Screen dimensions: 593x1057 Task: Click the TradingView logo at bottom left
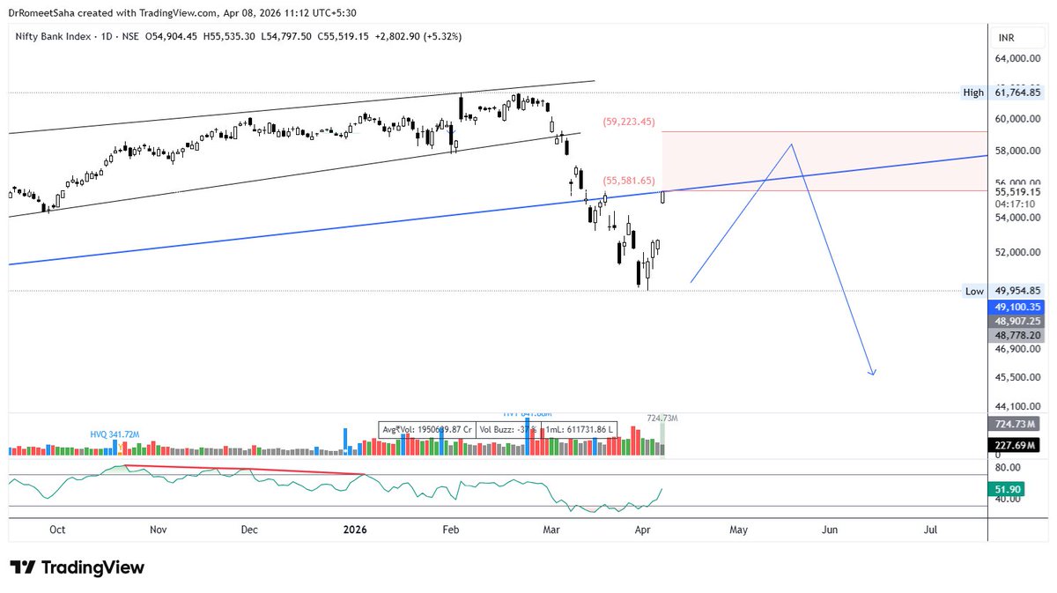click(x=77, y=567)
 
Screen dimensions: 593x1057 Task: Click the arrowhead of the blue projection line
click(x=872, y=374)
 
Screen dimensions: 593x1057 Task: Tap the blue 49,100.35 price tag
click(x=1017, y=307)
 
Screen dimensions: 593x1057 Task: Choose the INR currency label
click(x=1007, y=38)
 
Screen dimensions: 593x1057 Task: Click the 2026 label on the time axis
click(x=354, y=530)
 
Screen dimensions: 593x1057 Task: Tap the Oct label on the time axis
click(x=57, y=530)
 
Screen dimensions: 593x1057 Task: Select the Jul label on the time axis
click(x=930, y=530)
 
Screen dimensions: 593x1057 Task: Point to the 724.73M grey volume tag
click(x=1017, y=424)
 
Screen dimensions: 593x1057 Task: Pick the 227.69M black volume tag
click(x=1017, y=446)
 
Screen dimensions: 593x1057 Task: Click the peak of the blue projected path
click(x=792, y=144)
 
